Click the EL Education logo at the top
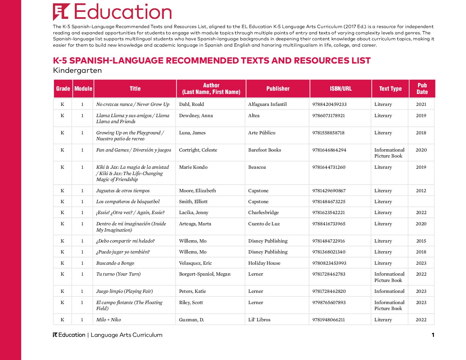coord(112,12)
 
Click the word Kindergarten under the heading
coord(77,70)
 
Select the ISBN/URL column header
coord(341,89)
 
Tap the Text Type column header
coord(390,89)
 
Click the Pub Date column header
coord(422,89)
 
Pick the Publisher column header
coord(278,89)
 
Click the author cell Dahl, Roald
coord(191,104)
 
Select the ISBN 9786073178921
coord(328,115)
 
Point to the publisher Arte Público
coord(261,133)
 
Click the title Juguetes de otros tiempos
coord(123,191)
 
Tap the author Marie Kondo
coord(193,167)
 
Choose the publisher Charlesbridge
coord(263,212)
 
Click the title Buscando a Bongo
coord(115,263)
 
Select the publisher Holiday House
coord(264,263)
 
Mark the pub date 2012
coord(421,191)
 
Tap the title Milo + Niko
coord(109,320)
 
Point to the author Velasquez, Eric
coord(195,263)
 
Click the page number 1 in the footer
coord(433,335)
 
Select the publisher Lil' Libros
coord(259,320)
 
